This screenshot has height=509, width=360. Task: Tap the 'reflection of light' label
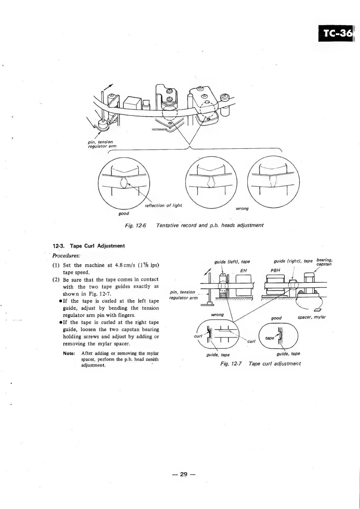[x=164, y=206]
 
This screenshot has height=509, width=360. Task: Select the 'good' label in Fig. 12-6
[x=124, y=214]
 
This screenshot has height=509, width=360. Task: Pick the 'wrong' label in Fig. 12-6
[x=242, y=209]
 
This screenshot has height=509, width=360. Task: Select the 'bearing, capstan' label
[x=324, y=262]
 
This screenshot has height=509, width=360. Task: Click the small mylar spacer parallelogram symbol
[x=318, y=309]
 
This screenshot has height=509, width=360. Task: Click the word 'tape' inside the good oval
[x=269, y=338]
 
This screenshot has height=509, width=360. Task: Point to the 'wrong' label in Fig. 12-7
[x=217, y=315]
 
